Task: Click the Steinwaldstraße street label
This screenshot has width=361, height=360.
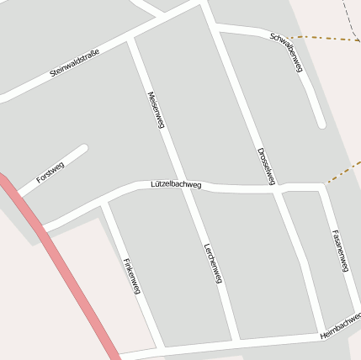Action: (75, 64)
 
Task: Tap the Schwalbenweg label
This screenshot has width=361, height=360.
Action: (286, 52)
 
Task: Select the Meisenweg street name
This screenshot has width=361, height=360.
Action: (154, 109)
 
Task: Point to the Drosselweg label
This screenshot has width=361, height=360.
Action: (266, 167)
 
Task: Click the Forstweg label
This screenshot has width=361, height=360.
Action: (50, 172)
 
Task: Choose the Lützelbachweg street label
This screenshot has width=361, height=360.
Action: (176, 183)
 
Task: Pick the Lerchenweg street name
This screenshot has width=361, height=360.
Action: (212, 262)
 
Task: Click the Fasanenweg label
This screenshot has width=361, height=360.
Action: (341, 250)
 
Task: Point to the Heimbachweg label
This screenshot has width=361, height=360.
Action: (341, 326)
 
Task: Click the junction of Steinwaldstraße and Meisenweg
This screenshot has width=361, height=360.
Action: (130, 38)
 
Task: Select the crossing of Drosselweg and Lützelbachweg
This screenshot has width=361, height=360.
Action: (277, 188)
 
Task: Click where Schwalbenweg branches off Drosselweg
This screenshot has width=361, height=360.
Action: (217, 29)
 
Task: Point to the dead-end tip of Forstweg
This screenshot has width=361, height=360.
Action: (84, 148)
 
